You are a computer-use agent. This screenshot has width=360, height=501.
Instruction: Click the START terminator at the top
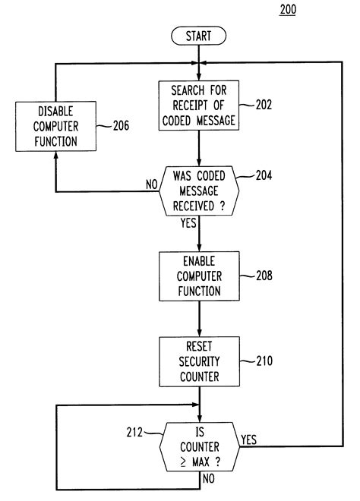pos(199,35)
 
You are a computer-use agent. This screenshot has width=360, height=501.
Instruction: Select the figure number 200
pos(289,10)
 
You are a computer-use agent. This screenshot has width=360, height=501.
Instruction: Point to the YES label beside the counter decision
pos(248,440)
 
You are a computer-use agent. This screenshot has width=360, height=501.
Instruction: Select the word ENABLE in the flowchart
pos(198,262)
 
